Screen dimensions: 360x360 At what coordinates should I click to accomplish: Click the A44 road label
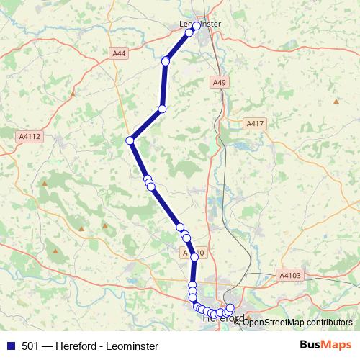pos(119,53)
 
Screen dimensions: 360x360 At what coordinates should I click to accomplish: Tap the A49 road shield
pos(220,83)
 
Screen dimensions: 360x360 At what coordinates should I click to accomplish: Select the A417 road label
pos(255,124)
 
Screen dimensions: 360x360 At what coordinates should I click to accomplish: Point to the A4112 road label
pos(30,135)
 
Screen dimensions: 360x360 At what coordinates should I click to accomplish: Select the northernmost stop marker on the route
pos(196,27)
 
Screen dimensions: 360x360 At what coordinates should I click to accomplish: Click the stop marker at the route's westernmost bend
pos(130,140)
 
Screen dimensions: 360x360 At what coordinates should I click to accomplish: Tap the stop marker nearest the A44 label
pos(166,62)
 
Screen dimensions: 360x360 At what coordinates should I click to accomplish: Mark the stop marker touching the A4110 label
pos(194,256)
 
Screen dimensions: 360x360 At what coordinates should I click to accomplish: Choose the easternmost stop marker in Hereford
pos(230,308)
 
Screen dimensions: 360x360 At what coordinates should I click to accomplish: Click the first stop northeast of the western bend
pos(162,109)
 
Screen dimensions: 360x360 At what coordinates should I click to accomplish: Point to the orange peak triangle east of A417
pos(336,101)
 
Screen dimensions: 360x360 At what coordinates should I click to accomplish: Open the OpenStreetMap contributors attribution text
pos(297,322)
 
